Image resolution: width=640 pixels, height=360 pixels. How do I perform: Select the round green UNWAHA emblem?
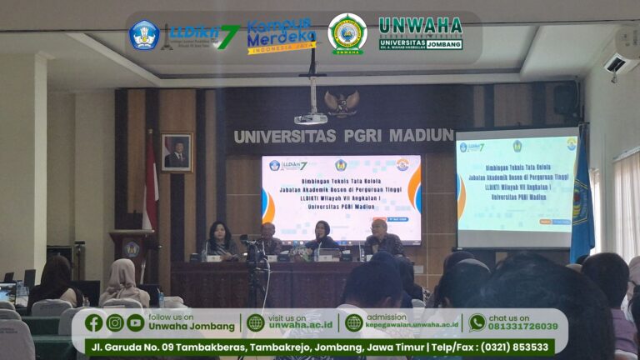[x=347, y=34]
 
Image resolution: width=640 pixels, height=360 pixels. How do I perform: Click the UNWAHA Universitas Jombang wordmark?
[x=420, y=33]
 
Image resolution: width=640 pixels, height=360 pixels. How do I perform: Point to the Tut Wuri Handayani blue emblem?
[x=143, y=35]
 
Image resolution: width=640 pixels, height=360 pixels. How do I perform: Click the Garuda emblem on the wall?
[x=342, y=103]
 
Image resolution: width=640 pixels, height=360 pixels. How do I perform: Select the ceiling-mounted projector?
[x=312, y=117]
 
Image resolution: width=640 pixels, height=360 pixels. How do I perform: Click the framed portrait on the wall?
[x=177, y=152]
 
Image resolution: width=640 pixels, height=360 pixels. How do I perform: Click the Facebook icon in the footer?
[x=94, y=322]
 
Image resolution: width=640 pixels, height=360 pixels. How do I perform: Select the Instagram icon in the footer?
[x=115, y=322]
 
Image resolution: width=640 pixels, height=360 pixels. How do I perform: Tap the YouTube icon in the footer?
[x=135, y=322]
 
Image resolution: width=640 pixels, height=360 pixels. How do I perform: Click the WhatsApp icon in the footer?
[x=477, y=322]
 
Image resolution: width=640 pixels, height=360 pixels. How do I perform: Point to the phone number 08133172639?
[x=522, y=327]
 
